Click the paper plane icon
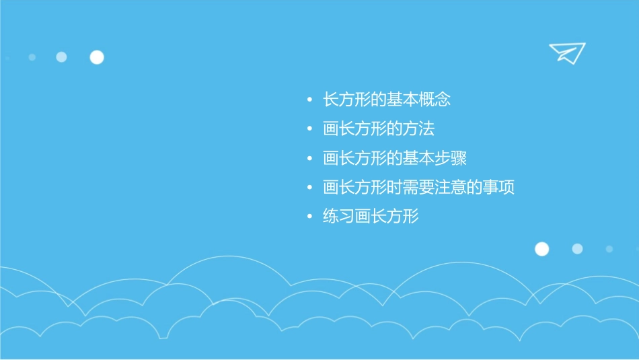(x=567, y=52)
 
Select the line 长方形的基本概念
(x=386, y=100)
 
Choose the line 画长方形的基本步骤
(x=394, y=159)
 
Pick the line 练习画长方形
(x=371, y=217)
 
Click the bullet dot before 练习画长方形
(x=309, y=217)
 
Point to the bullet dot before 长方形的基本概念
(x=309, y=100)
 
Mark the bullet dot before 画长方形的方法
(x=309, y=129)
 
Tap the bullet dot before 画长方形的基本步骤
(x=309, y=159)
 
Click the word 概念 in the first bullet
(x=435, y=100)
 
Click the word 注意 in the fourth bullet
(x=451, y=188)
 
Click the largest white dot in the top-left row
(x=97, y=57)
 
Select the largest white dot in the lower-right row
(x=541, y=249)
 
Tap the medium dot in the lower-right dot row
(x=577, y=249)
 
